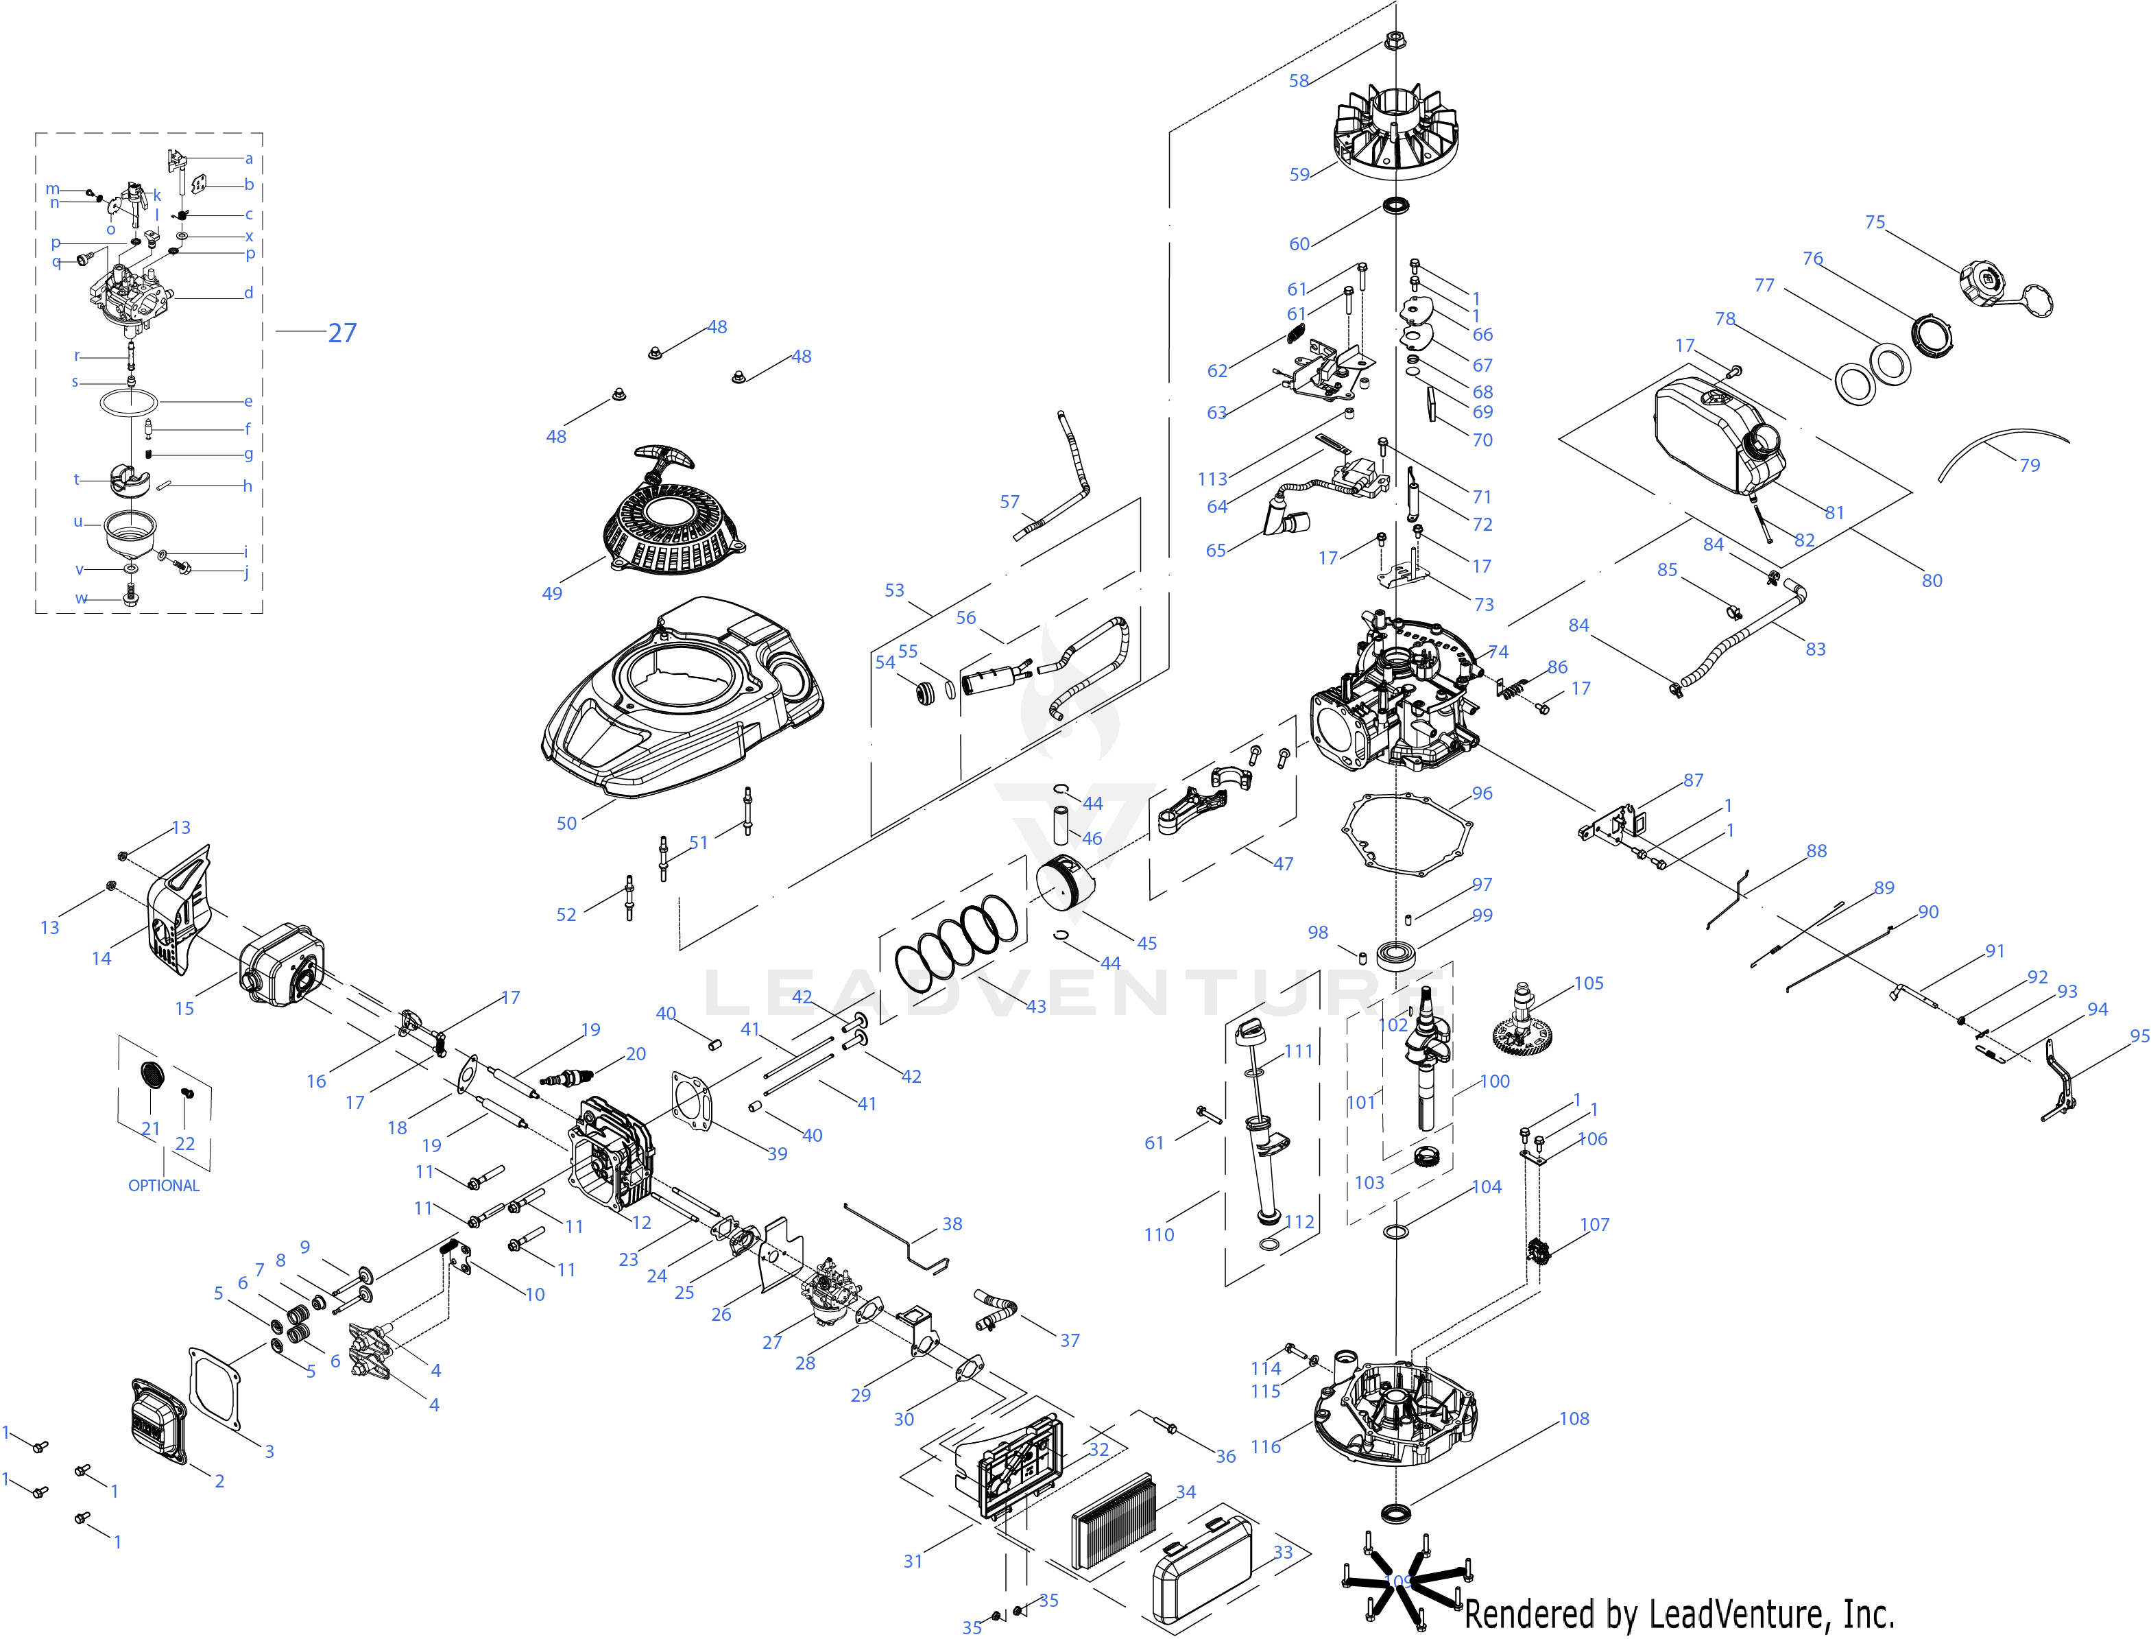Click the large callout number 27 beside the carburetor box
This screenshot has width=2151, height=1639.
341,333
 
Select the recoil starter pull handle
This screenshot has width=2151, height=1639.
662,457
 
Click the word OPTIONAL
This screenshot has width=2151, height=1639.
164,1185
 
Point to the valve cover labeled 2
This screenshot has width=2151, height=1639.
158,1422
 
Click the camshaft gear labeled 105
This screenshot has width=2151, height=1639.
1521,1025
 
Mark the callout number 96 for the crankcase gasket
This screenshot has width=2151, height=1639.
1482,793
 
